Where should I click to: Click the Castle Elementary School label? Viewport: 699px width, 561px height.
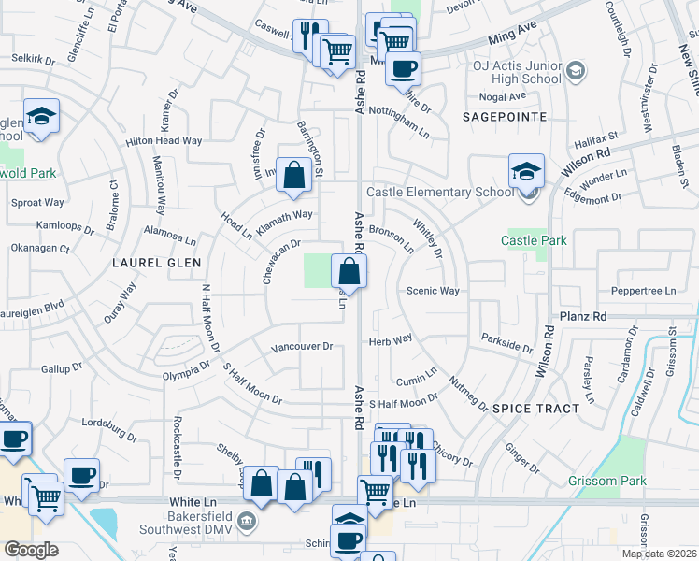[x=439, y=193]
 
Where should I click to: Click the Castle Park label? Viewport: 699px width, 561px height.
[x=534, y=241]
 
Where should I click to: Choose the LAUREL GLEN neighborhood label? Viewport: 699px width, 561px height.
[x=157, y=264]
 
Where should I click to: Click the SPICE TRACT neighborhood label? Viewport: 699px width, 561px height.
[x=535, y=410]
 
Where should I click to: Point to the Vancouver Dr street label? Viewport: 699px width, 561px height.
[x=302, y=347]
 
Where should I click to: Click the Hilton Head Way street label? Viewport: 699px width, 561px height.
[x=164, y=141]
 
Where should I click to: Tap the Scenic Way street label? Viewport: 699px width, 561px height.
[x=433, y=291]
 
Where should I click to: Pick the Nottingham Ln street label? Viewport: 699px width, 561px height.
[x=399, y=124]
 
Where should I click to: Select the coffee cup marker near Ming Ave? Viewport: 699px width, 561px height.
[x=404, y=68]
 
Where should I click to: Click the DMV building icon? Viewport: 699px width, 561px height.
[x=247, y=521]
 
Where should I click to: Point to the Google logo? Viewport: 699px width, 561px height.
[x=31, y=550]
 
